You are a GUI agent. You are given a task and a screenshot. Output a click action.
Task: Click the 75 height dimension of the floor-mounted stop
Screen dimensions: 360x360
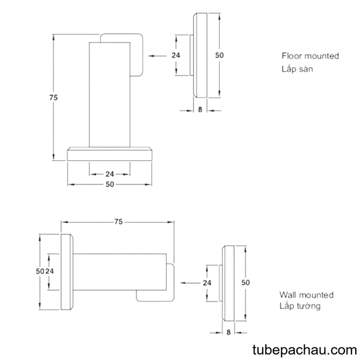tap(53, 98)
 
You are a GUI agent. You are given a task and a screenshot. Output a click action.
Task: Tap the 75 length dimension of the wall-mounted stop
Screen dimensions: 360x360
tap(118, 222)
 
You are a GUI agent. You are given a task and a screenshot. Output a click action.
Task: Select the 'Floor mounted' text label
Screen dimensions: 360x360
tap(310, 56)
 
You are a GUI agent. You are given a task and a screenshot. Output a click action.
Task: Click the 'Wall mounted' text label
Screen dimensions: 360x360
tap(306, 295)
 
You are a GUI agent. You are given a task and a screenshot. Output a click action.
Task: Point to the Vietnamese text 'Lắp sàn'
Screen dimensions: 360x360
tap(297, 68)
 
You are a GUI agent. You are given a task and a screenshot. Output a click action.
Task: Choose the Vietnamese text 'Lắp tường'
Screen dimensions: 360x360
tap(300, 306)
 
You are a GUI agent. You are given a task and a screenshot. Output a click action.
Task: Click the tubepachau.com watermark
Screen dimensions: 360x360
tap(305, 350)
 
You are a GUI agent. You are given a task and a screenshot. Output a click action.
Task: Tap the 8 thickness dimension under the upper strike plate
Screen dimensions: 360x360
tap(200, 110)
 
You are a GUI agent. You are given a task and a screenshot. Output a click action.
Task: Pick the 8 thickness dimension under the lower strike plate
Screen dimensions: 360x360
tap(229, 332)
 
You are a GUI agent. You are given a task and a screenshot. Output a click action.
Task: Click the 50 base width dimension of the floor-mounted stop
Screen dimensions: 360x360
tap(110, 184)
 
